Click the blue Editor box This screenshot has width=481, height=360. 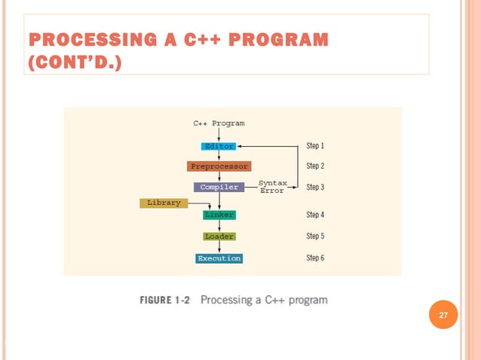219,146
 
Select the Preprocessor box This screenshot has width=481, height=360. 219,166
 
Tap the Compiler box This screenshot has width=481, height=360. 219,187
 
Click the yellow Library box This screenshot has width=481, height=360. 164,203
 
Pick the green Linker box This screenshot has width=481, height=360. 219,215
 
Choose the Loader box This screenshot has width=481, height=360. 219,236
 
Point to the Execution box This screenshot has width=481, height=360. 219,258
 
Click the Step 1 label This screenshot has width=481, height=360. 315,145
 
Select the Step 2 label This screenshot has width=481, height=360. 315,166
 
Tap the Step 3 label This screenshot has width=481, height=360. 315,187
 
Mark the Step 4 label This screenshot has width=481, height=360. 315,215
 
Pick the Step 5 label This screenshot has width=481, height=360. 315,236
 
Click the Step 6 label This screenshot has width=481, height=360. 315,258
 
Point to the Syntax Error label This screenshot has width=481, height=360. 272,187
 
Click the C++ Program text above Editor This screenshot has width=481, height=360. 219,123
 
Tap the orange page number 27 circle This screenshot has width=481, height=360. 443,315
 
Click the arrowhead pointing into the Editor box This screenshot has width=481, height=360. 240,146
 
